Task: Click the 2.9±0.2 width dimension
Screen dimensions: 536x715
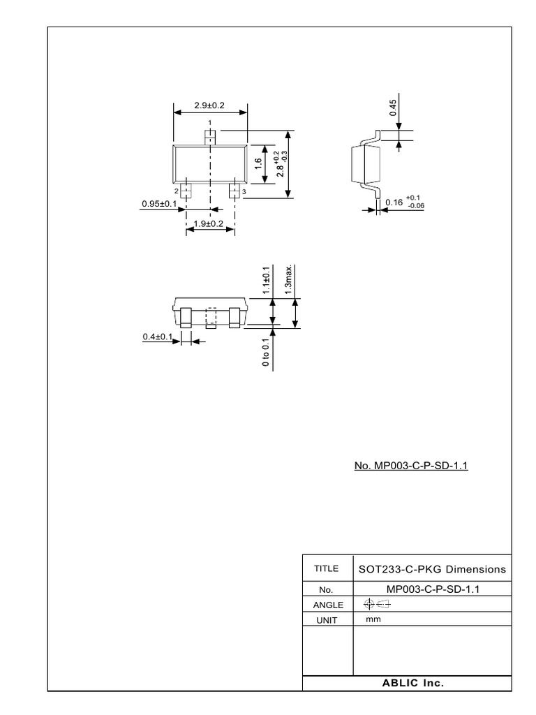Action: (209, 105)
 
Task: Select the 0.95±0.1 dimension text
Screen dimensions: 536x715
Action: (159, 203)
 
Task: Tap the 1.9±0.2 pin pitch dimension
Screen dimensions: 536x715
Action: (208, 223)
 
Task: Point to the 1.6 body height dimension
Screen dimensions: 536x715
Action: (258, 163)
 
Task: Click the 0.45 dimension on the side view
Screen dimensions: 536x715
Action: (393, 108)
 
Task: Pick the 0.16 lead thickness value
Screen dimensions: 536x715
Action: (394, 202)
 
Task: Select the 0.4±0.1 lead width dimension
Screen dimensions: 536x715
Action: (158, 337)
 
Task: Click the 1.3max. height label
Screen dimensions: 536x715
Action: (288, 279)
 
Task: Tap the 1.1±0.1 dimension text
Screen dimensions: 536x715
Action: (266, 279)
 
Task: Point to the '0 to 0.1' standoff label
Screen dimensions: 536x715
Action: (266, 352)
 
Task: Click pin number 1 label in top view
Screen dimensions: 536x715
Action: (209, 122)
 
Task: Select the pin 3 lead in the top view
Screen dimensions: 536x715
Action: (234, 191)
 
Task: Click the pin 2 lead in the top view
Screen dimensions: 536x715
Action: (186, 191)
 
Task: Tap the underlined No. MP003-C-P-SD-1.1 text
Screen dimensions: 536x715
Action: (411, 466)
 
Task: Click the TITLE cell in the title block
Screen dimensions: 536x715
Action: (327, 568)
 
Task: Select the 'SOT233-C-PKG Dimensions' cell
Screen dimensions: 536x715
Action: (432, 569)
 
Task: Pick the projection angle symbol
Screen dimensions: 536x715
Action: (378, 605)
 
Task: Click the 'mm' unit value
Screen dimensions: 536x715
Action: (373, 619)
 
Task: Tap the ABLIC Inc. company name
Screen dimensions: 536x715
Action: (413, 683)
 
